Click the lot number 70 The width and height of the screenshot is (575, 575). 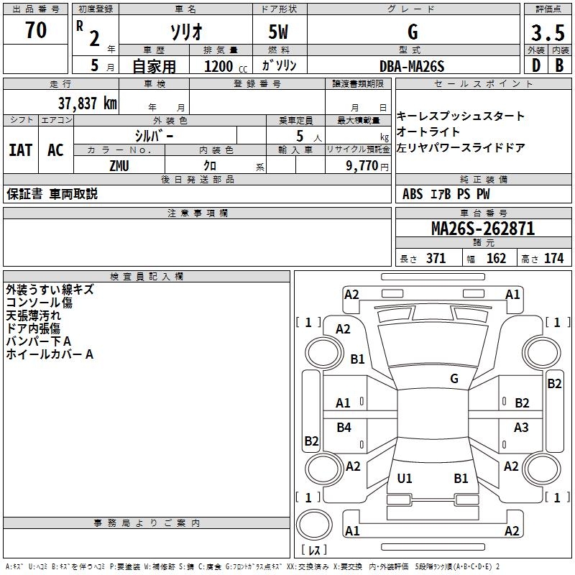(x=36, y=31)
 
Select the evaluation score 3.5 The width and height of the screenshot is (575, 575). (x=547, y=33)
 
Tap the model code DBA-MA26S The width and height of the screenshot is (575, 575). (x=412, y=66)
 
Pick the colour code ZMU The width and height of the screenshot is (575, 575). (x=120, y=165)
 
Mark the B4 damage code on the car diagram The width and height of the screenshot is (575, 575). (x=344, y=428)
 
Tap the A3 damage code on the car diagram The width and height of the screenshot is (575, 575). (x=521, y=428)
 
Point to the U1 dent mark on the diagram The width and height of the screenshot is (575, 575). (x=405, y=478)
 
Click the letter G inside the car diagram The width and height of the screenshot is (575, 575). (x=454, y=378)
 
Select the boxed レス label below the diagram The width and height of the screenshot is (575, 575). (x=313, y=550)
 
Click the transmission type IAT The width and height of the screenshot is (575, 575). (x=20, y=150)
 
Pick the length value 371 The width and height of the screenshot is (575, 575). (x=436, y=259)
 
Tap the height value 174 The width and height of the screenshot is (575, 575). (x=553, y=259)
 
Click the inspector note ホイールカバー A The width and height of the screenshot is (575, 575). (x=50, y=354)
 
